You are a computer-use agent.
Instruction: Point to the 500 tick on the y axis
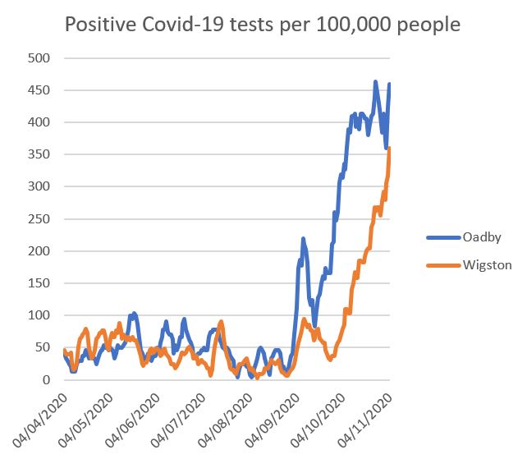(x=39, y=58)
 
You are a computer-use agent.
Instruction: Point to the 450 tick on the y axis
(x=39, y=90)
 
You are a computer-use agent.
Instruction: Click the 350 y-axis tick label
(x=39, y=154)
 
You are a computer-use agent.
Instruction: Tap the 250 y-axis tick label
(x=39, y=219)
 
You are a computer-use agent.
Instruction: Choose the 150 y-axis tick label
(x=39, y=283)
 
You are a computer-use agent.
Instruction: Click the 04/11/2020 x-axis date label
(x=369, y=419)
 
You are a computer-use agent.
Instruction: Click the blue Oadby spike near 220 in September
(x=303, y=239)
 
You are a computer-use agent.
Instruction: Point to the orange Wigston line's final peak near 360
(x=389, y=149)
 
